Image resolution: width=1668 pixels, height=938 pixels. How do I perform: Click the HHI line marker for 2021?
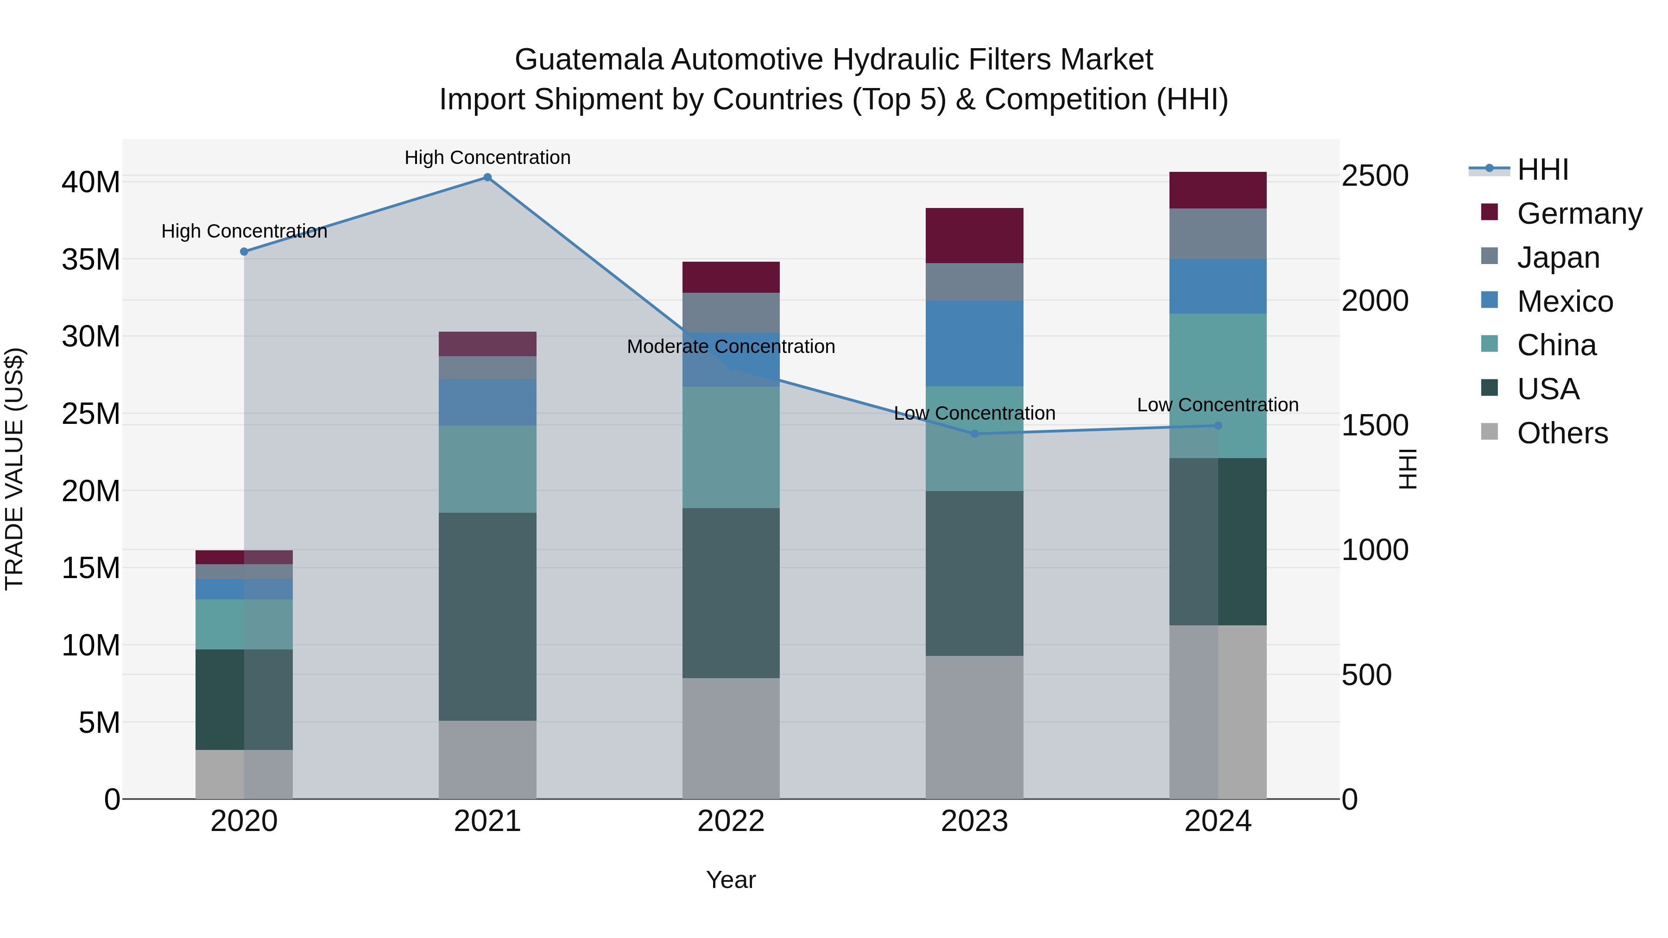coord(487,177)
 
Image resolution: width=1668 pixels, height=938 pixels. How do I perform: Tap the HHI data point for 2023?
coord(974,434)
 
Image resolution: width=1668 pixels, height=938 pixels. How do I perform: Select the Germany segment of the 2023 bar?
coord(974,236)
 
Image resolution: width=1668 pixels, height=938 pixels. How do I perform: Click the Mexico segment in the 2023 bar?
coord(974,343)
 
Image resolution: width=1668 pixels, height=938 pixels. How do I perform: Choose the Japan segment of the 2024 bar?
coord(1218,234)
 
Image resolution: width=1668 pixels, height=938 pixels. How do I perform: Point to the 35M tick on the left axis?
coord(91,259)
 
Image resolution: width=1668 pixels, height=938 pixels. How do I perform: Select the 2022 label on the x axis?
coord(731,821)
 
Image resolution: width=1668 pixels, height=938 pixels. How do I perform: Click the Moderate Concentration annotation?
coord(731,346)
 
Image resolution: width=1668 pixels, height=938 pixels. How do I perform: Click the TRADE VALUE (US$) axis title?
coord(14,469)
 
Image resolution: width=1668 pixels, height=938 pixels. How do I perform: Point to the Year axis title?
coord(731,880)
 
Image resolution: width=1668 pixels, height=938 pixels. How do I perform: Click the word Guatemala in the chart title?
coord(588,60)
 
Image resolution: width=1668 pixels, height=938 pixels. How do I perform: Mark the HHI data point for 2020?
coord(244,252)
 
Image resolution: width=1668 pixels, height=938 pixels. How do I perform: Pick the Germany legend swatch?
coord(1490,212)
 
